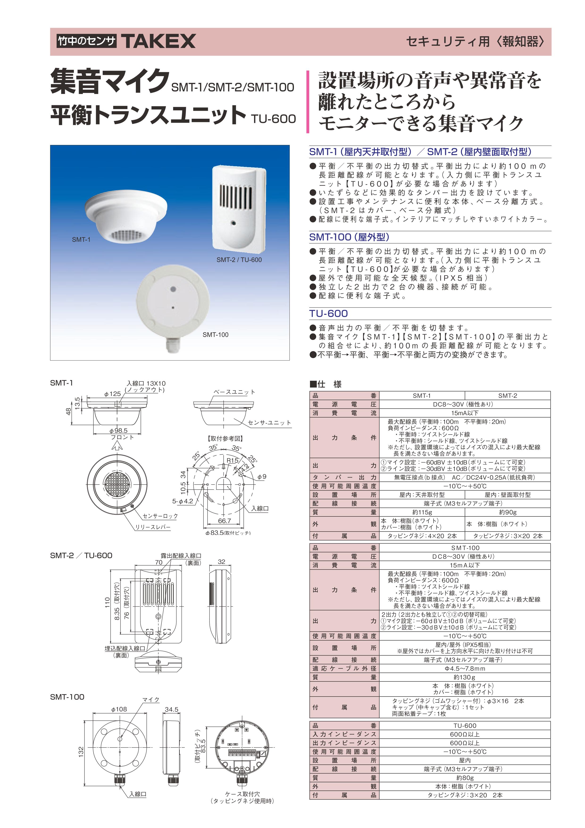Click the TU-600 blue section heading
click(328, 314)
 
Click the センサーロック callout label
click(160, 516)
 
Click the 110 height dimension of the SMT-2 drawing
click(107, 602)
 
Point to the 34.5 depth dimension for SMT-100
click(171, 709)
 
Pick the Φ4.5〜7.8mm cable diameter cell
click(465, 668)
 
